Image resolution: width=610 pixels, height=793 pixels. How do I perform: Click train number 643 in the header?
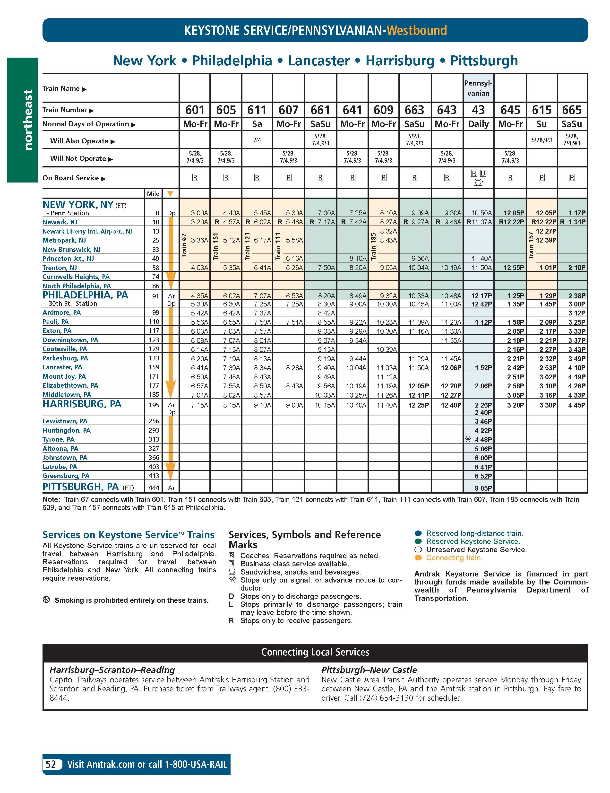point(447,110)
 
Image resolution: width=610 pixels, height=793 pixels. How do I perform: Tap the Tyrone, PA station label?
point(58,439)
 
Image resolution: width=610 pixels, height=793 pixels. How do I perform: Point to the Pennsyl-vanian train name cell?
point(478,88)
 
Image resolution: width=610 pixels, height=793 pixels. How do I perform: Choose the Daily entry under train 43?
point(478,124)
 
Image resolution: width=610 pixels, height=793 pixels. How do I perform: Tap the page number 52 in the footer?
point(51,764)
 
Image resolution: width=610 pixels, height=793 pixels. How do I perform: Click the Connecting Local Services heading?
point(315,652)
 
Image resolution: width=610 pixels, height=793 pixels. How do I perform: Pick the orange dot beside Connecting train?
point(418,558)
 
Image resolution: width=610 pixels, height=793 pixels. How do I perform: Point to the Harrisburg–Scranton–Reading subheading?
point(112,670)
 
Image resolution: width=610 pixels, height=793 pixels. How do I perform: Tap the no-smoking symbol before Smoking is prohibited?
point(46,600)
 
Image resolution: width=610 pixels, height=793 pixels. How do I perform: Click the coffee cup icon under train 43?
point(478,183)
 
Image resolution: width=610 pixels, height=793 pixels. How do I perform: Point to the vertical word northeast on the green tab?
point(28,120)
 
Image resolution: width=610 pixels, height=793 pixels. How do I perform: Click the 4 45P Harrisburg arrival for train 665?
point(577,405)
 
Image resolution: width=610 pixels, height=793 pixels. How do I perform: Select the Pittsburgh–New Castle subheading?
point(369,670)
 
